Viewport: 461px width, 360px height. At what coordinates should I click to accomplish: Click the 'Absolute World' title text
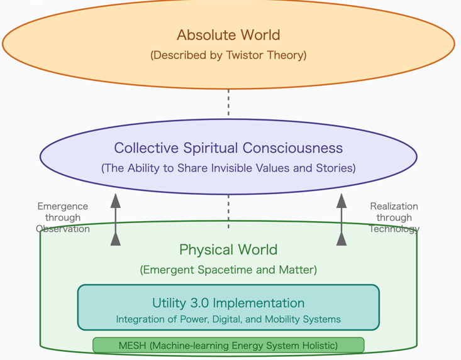tap(228, 35)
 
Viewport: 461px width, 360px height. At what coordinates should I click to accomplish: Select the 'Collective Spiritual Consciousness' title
tap(228, 148)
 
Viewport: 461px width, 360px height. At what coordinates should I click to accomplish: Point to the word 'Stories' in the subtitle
tap(333, 168)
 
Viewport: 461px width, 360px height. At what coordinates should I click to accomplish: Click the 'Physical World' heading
tap(228, 250)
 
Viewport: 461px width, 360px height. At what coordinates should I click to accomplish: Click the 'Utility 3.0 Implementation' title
tap(228, 303)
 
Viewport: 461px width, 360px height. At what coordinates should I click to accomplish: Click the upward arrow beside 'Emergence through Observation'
tap(116, 219)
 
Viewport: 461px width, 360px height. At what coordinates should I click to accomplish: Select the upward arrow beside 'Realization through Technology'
tap(342, 219)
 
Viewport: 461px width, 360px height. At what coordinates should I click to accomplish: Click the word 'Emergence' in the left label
tap(63, 206)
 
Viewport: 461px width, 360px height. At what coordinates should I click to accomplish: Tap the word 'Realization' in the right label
tap(394, 206)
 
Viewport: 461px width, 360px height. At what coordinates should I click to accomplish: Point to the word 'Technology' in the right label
tap(394, 229)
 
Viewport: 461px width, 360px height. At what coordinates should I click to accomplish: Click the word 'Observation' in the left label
tap(63, 229)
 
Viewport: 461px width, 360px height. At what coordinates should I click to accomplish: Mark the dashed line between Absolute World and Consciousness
tap(228, 103)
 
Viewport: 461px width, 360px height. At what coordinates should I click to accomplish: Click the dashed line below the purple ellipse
tap(228, 210)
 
